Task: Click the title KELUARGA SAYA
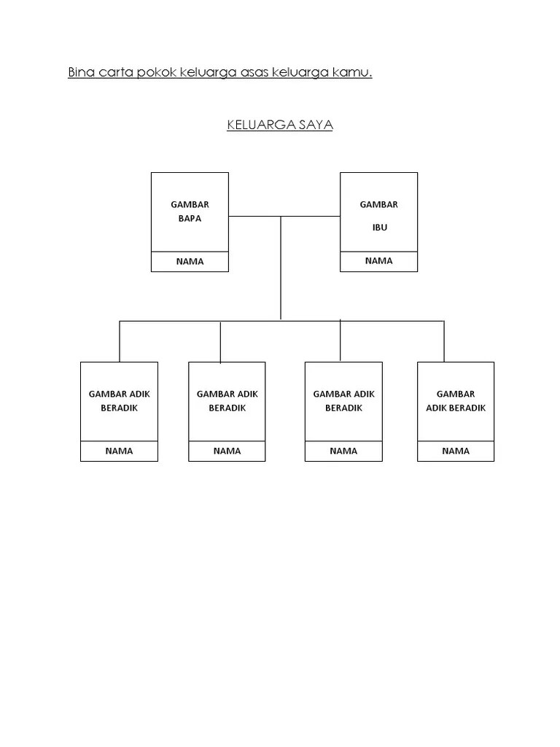coord(280,125)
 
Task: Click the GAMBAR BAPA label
coord(190,212)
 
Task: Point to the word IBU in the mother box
coord(379,227)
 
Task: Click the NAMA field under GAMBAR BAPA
coord(190,261)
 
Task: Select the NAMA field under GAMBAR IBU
coord(379,260)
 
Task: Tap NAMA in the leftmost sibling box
coord(119,451)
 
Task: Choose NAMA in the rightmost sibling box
coord(456,451)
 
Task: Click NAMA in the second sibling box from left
coord(227,451)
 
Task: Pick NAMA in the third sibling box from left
coord(343,451)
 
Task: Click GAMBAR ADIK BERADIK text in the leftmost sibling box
coord(119,401)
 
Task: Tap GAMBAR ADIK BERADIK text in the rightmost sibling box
coord(456,401)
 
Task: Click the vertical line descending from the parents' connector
coord(281,270)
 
